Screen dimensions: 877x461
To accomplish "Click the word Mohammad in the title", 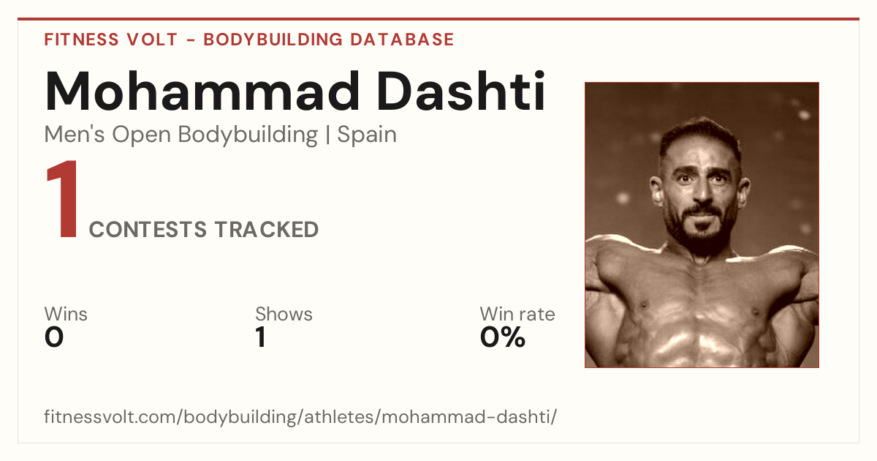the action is [x=202, y=91].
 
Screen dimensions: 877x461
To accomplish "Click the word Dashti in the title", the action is [x=461, y=91].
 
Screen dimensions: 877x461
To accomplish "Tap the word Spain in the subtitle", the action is [x=367, y=135].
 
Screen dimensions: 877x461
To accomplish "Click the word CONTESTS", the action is [x=148, y=230].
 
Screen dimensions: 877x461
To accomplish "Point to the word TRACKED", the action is [x=267, y=230].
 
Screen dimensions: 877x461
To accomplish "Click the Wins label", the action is [x=66, y=314].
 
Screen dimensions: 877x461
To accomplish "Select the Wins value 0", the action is [x=54, y=337].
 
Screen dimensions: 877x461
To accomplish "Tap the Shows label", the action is [x=284, y=314].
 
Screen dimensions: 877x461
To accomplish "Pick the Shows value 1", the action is [x=261, y=337].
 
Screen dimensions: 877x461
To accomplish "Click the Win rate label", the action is [x=517, y=314].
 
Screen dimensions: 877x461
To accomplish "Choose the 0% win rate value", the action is [x=503, y=337].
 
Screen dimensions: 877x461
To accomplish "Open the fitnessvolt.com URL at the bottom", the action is [x=300, y=416].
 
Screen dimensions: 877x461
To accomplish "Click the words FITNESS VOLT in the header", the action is [x=111, y=40].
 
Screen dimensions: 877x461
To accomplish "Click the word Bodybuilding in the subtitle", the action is [x=248, y=135].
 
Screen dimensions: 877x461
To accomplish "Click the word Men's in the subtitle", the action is [x=75, y=135].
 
